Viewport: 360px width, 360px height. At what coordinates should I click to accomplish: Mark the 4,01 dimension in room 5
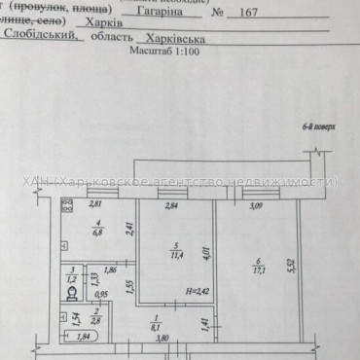tap(204, 248)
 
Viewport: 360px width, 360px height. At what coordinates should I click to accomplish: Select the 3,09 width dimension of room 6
tap(257, 206)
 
